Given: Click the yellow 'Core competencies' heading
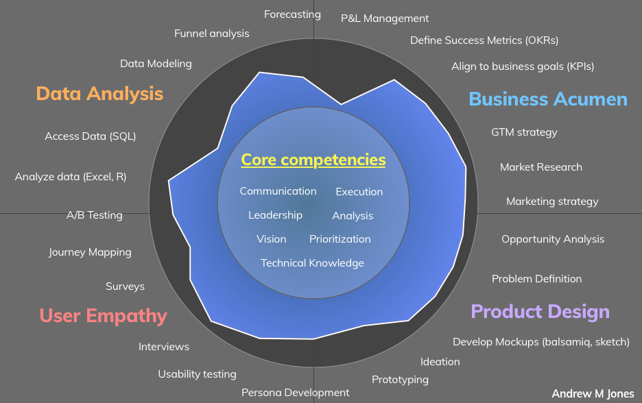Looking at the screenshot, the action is (313, 160).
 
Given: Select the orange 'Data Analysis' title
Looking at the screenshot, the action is (99, 94).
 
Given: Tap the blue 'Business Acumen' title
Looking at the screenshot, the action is (548, 99).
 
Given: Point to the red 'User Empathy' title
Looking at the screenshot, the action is (103, 316).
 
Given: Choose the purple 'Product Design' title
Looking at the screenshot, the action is (540, 312).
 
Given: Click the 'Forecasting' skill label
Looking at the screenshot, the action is (292, 14).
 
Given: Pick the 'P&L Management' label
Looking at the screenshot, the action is (385, 19).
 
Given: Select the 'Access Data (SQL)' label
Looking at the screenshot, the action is (91, 136).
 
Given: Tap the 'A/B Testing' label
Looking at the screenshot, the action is (95, 215).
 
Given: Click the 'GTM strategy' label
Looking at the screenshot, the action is (524, 132).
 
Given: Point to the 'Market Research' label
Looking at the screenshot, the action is (541, 167).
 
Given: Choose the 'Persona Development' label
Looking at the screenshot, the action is (295, 393).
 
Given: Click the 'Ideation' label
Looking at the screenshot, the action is (440, 362).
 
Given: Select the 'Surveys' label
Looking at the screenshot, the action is (125, 286).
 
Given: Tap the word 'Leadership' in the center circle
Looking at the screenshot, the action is (275, 215).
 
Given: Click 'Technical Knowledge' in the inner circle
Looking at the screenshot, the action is (312, 263).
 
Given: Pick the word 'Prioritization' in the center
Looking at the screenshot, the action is (340, 239).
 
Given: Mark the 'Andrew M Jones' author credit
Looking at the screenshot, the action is (593, 393).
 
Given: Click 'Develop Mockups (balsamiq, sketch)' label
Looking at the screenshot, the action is (541, 342).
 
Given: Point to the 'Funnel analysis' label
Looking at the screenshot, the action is (212, 34).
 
